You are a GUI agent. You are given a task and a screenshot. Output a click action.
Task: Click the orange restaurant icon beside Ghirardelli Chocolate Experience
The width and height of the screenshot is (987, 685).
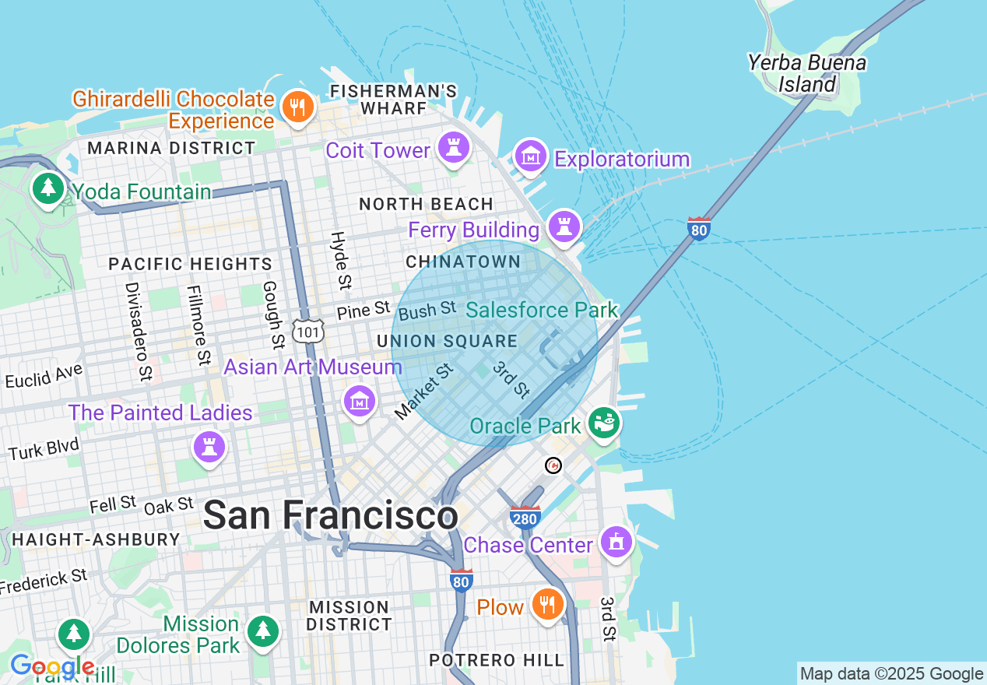click(x=297, y=107)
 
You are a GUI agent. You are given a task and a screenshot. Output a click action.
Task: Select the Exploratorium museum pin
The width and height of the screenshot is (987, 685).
click(x=531, y=156)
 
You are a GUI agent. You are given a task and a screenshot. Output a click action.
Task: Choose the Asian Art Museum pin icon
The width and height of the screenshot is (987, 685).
click(x=359, y=402)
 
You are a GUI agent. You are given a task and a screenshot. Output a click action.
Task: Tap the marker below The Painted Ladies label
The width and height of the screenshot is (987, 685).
click(x=209, y=447)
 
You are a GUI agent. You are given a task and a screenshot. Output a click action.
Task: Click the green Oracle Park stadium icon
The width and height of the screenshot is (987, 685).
click(x=604, y=422)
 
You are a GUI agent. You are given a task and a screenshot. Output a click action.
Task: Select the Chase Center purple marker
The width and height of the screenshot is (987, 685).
click(x=616, y=541)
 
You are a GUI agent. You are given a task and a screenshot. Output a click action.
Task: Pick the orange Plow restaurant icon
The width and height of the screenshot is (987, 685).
click(x=547, y=603)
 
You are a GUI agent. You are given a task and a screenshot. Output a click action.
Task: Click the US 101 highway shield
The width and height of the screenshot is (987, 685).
click(x=307, y=330)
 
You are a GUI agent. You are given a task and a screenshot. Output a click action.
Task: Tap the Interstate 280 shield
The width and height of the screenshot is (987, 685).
click(x=525, y=517)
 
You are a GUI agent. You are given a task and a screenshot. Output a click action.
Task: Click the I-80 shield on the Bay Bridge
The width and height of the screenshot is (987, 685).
click(x=699, y=229)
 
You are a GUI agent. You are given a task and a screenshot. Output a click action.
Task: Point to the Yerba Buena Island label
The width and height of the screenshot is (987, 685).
click(x=807, y=73)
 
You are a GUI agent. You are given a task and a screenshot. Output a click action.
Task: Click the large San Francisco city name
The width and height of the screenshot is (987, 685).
click(x=330, y=515)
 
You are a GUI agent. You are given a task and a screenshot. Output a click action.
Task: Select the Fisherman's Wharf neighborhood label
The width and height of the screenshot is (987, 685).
click(x=393, y=100)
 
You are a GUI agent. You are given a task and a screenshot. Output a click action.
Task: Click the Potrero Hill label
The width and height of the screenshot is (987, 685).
click(x=497, y=660)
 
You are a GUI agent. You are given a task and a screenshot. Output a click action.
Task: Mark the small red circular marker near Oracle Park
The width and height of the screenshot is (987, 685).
click(x=553, y=465)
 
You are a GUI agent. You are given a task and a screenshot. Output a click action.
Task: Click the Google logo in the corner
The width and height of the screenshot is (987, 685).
click(x=52, y=667)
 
